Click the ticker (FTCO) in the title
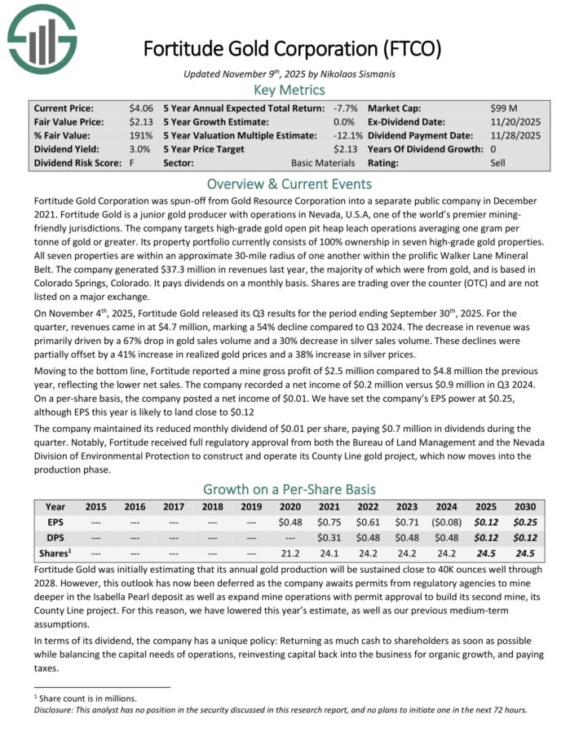point(412,49)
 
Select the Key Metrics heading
point(289,90)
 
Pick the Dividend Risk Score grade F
point(130,163)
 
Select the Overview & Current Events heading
point(289,184)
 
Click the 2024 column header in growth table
point(446,507)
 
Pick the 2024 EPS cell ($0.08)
point(446,522)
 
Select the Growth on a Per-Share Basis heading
point(289,489)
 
